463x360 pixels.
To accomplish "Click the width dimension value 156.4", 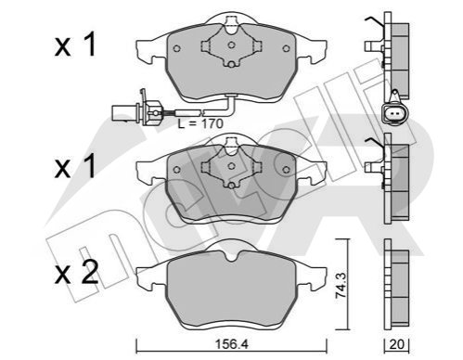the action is tap(232, 344).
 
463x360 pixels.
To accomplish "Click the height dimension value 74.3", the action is tap(341, 285).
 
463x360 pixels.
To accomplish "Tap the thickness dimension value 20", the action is tap(396, 344).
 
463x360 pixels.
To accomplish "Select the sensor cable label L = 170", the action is tap(200, 123).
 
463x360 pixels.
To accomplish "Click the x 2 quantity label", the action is tap(76, 272).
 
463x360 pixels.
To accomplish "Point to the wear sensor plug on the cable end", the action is tap(135, 110).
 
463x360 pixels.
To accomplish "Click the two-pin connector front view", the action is tap(395, 112).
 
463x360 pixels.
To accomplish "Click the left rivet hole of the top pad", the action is tap(176, 48).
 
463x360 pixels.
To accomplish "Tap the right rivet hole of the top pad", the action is tap(286, 48).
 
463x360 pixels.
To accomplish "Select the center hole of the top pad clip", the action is tap(231, 45).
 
